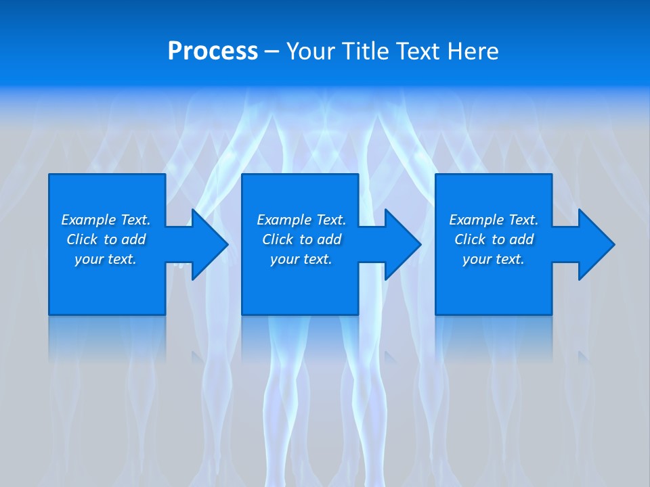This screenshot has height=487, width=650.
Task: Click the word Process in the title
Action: (x=213, y=51)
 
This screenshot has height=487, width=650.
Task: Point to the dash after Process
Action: (x=272, y=52)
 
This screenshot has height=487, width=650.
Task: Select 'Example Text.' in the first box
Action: (x=106, y=220)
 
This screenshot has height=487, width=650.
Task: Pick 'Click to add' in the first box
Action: (x=106, y=239)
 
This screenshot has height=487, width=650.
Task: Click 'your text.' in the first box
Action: (x=106, y=259)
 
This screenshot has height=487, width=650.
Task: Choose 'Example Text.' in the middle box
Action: (x=301, y=220)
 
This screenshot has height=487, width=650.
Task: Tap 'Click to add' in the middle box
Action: (x=301, y=239)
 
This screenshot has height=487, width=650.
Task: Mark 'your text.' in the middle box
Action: (x=301, y=259)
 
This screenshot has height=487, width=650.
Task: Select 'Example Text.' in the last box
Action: (x=494, y=220)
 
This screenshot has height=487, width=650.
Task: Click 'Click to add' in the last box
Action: (x=494, y=239)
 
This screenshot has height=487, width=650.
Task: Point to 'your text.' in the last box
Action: (x=494, y=259)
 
